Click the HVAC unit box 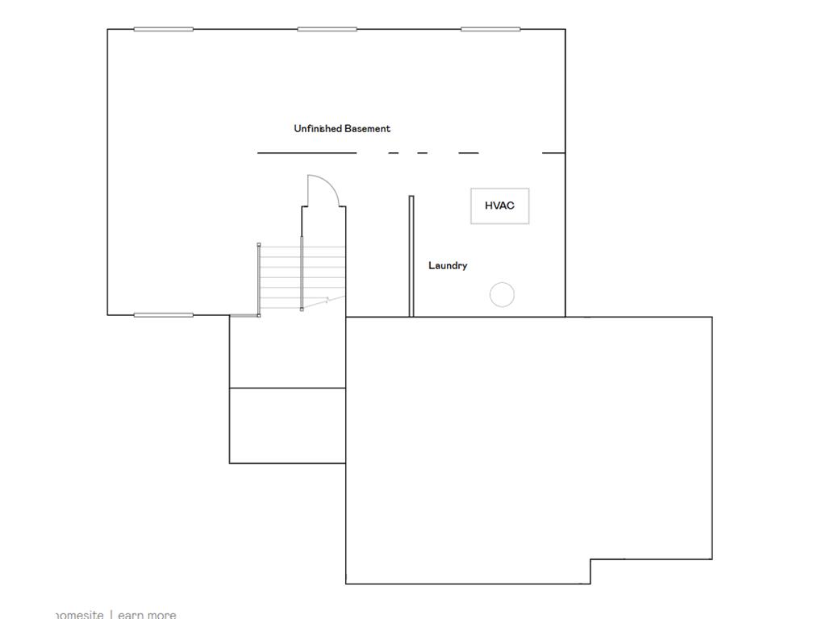(x=499, y=206)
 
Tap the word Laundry (x=448, y=265)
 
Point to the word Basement (x=368, y=128)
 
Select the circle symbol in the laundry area (x=502, y=295)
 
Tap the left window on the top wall (x=163, y=29)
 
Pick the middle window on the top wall (x=327, y=29)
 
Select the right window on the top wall (x=490, y=29)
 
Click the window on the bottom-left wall (x=163, y=314)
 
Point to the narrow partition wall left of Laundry (x=411, y=255)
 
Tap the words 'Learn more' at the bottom (x=147, y=614)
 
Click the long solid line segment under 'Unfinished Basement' (x=307, y=152)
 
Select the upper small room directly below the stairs (x=287, y=352)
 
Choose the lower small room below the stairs (x=287, y=426)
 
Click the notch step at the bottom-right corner (x=591, y=570)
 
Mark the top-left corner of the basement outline (x=108, y=30)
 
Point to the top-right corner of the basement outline (x=565, y=30)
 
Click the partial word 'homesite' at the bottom (x=79, y=614)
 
